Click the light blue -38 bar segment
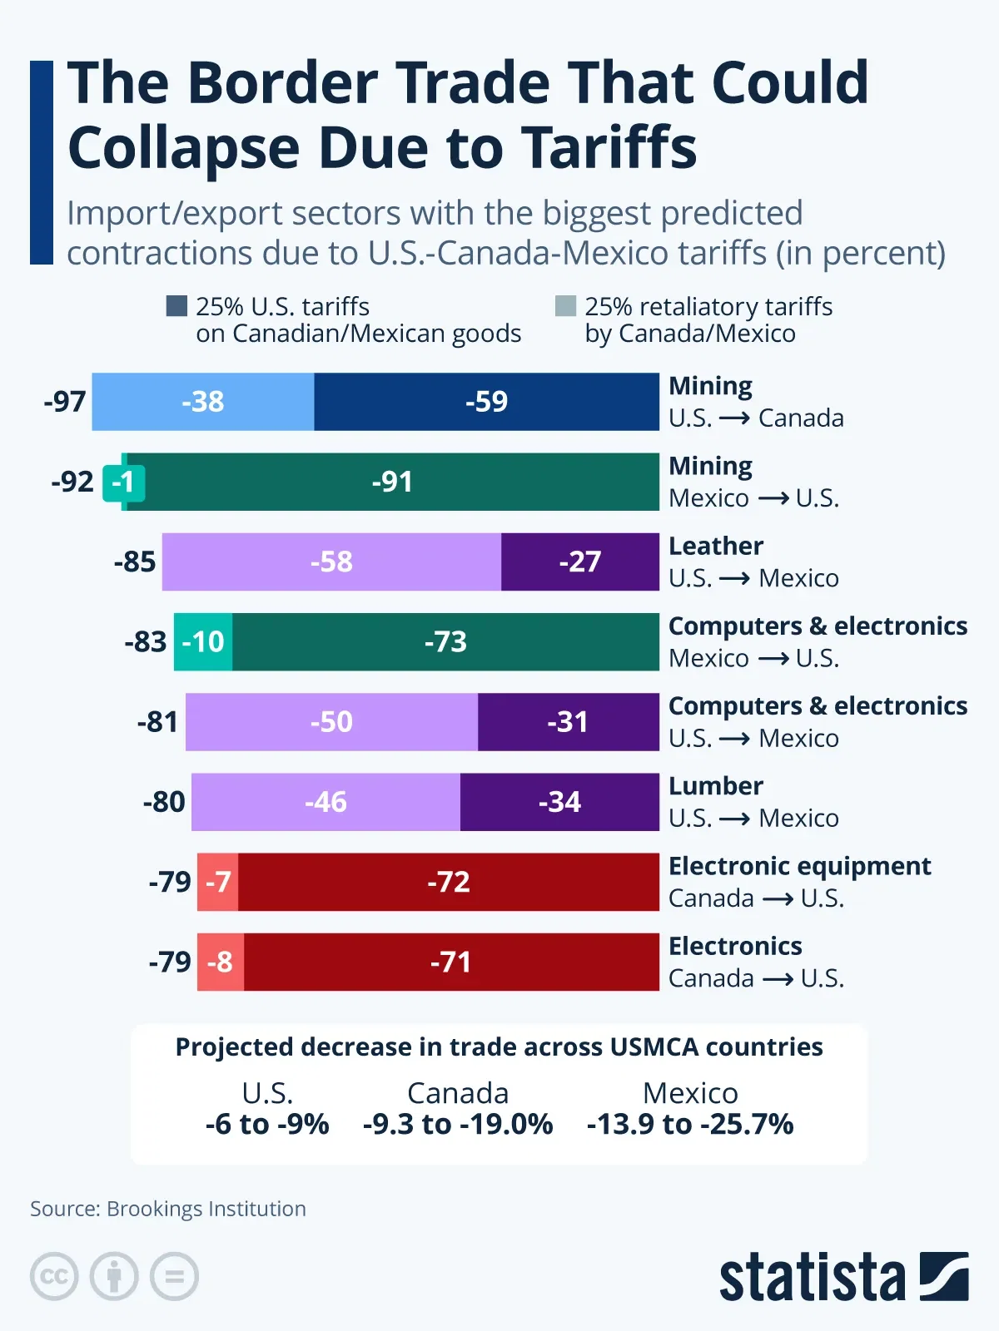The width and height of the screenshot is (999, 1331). coord(203,402)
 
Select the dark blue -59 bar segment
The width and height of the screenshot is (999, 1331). coord(486,402)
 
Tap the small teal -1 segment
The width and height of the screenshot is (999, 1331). coord(123,482)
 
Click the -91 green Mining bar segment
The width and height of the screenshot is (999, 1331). coord(392,482)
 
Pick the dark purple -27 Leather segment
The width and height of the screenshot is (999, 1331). coord(579,562)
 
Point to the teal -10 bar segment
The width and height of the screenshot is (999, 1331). coord(203,641)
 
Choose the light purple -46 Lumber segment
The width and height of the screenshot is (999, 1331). coord(326,802)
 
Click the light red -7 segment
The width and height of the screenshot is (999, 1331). coord(218,882)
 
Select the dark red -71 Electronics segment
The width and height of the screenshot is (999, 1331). coord(450,962)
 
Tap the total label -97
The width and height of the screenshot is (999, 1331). coord(65,402)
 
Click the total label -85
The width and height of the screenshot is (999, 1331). coord(135,562)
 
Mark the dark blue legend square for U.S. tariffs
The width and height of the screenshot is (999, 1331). coord(176,306)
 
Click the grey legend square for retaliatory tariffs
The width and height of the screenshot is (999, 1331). coord(565,306)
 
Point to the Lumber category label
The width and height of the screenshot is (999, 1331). coord(715,786)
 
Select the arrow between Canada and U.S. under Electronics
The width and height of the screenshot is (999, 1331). coord(777,979)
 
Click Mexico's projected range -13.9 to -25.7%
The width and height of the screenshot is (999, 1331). coord(690,1124)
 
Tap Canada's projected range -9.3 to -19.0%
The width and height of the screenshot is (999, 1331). coord(458,1124)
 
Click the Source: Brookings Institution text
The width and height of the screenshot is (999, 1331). coord(168,1208)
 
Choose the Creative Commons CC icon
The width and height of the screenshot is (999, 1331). coord(54,1276)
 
